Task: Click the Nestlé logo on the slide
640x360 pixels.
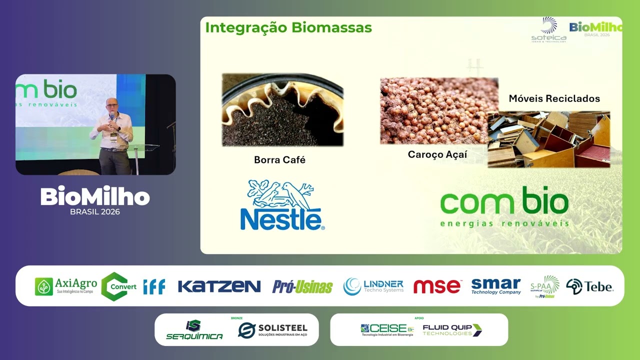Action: pyautogui.click(x=282, y=205)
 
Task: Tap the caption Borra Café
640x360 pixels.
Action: pyautogui.click(x=279, y=160)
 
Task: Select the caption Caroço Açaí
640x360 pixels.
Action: pyautogui.click(x=437, y=154)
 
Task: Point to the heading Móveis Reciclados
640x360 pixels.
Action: pyautogui.click(x=554, y=98)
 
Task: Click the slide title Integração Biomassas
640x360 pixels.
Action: pyautogui.click(x=288, y=27)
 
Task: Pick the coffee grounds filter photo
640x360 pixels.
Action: pyautogui.click(x=282, y=110)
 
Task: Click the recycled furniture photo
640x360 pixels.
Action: pyautogui.click(x=549, y=139)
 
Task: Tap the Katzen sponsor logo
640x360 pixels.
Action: pyautogui.click(x=219, y=286)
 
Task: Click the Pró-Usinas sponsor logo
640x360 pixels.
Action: pyautogui.click(x=302, y=286)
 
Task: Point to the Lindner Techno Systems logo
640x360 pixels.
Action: pyautogui.click(x=373, y=286)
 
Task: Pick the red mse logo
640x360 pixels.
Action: pyautogui.click(x=437, y=286)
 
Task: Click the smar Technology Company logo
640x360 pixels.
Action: pyautogui.click(x=495, y=286)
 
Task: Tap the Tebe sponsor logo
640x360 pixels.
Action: pyautogui.click(x=589, y=286)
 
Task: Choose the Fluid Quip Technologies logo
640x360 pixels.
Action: pyautogui.click(x=452, y=330)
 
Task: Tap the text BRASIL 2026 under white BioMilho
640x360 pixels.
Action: pyautogui.click(x=95, y=211)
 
